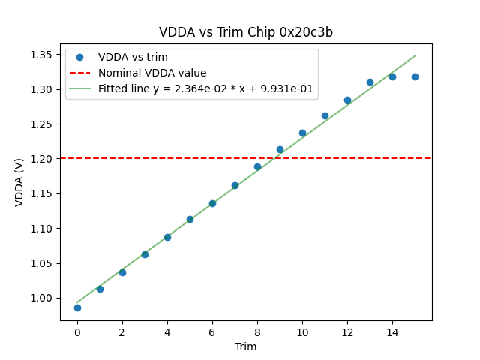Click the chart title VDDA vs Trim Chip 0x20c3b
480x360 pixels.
click(x=246, y=32)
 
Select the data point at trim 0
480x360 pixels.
click(x=77, y=307)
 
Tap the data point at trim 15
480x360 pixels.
click(x=415, y=76)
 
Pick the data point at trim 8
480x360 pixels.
click(x=257, y=166)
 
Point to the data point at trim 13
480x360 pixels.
click(x=370, y=82)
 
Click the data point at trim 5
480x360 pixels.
click(x=190, y=219)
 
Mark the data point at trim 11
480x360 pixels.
click(x=325, y=115)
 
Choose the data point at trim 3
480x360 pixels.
click(x=145, y=254)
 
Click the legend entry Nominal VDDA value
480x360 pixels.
click(x=152, y=73)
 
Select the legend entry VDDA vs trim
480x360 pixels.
click(x=133, y=58)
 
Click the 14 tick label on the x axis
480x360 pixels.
click(x=392, y=331)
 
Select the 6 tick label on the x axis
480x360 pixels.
click(x=212, y=331)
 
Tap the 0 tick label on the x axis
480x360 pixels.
click(x=77, y=331)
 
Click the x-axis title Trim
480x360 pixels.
click(x=246, y=346)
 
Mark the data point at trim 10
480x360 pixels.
click(x=302, y=133)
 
